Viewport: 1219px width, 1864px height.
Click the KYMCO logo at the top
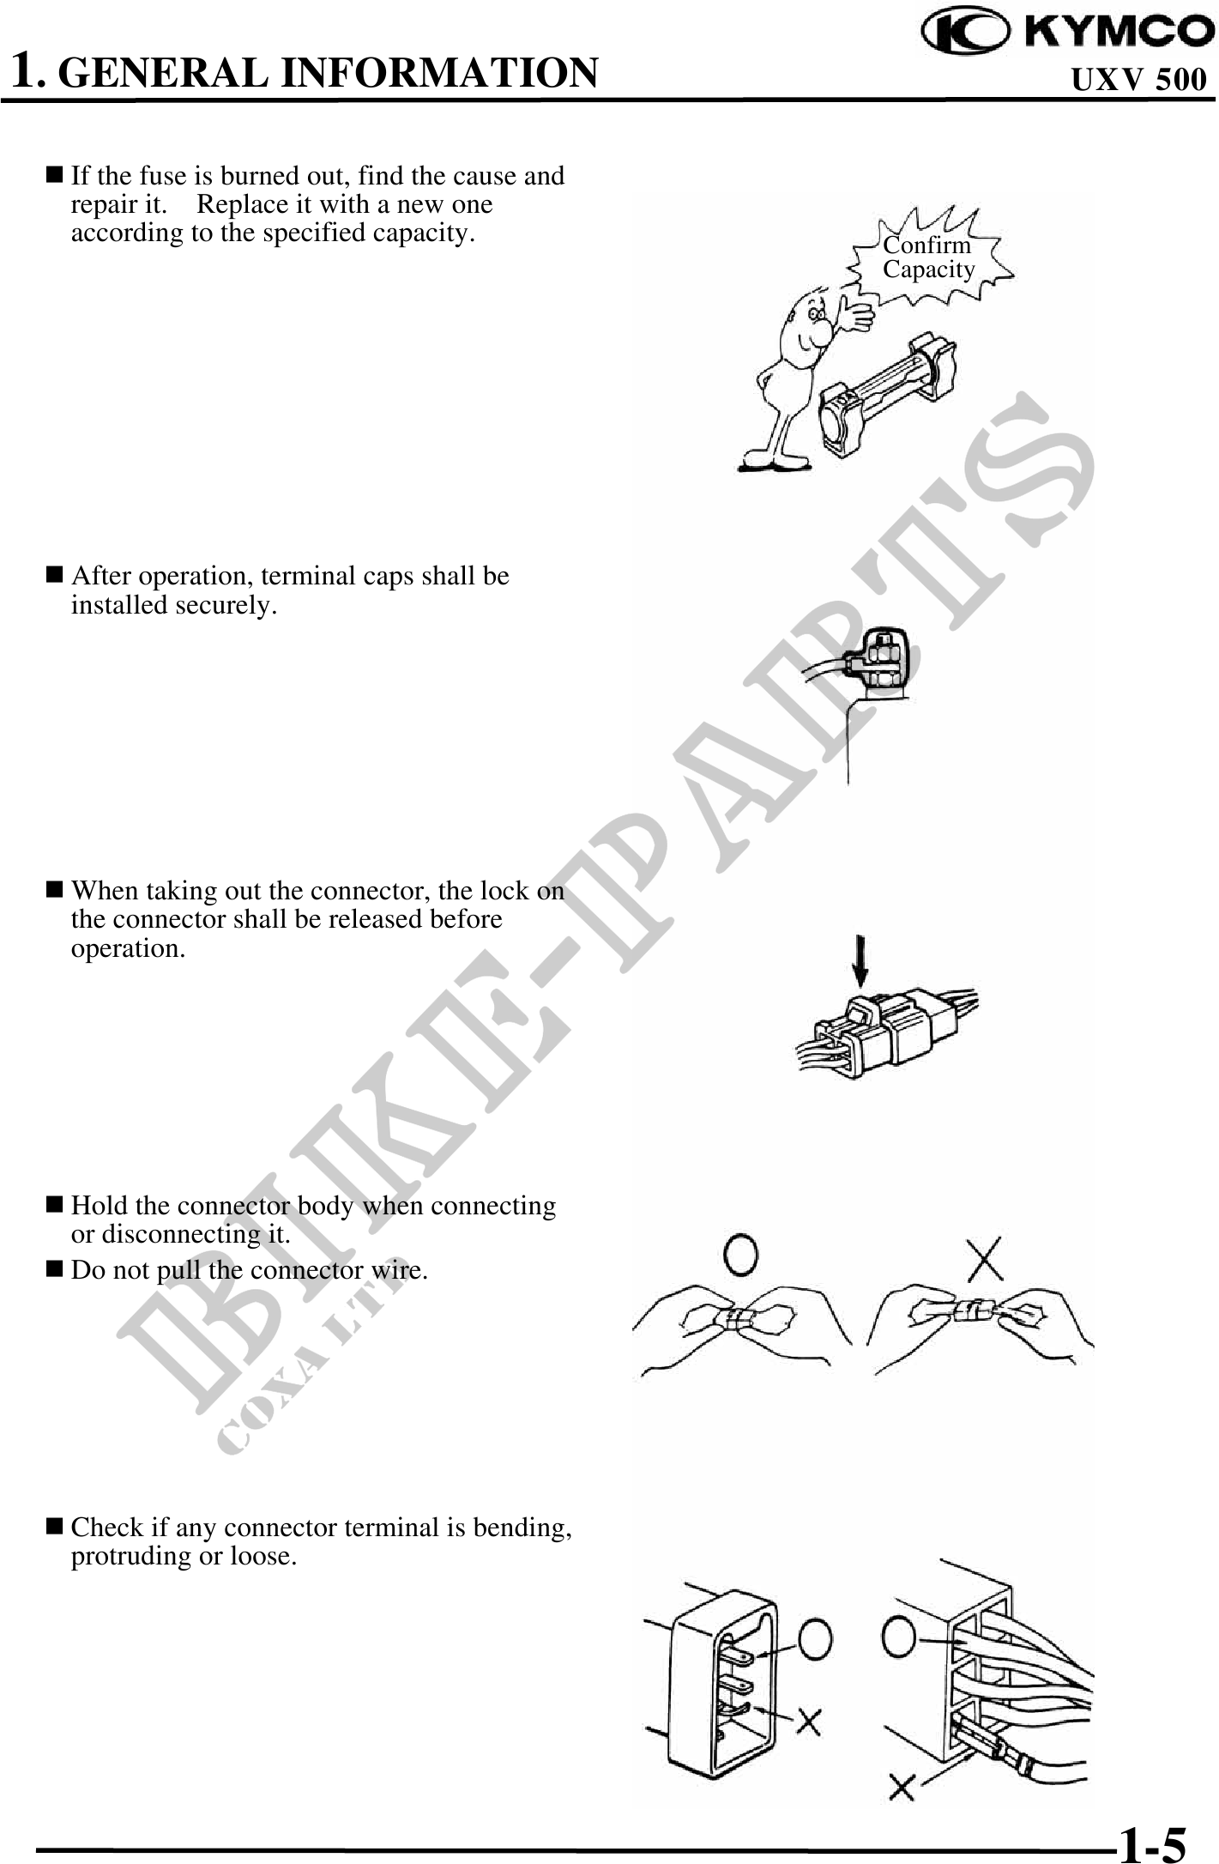point(1067,31)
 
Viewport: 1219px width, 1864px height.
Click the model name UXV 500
point(1139,80)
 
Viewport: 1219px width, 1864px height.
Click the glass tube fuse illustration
point(888,391)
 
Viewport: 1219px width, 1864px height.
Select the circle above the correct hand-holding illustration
point(741,1256)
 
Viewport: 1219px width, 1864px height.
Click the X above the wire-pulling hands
point(987,1257)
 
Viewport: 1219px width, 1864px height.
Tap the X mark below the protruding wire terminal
point(902,1788)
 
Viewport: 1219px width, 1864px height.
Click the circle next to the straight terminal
point(815,1640)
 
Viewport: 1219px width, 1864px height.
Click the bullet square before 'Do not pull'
point(54,1268)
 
